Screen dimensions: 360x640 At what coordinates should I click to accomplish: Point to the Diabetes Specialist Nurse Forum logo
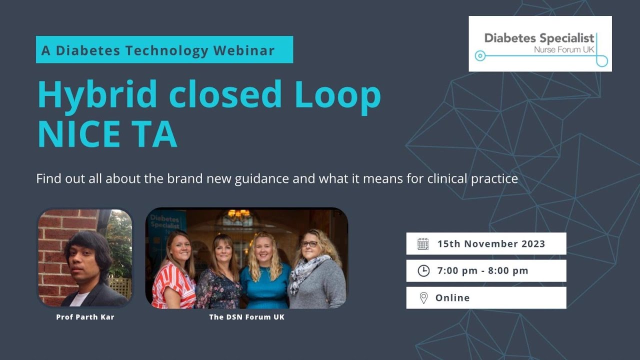click(x=540, y=44)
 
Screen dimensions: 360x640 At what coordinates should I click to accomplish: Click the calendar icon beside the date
click(x=423, y=244)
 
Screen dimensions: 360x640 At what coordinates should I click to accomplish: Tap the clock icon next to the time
click(x=423, y=271)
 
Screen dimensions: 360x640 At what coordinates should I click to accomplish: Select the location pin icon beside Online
click(x=423, y=298)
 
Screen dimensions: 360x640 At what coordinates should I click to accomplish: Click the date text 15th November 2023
click(x=491, y=244)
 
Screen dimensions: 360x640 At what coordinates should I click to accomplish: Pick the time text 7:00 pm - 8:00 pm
click(x=482, y=271)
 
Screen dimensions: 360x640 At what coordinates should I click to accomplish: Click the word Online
click(x=452, y=298)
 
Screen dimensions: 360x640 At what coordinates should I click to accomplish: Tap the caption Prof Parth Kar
click(x=85, y=317)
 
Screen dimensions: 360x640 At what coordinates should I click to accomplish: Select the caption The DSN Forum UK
click(x=246, y=317)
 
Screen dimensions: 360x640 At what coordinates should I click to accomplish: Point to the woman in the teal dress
click(x=264, y=280)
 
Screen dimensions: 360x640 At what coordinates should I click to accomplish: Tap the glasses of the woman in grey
click(x=309, y=244)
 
